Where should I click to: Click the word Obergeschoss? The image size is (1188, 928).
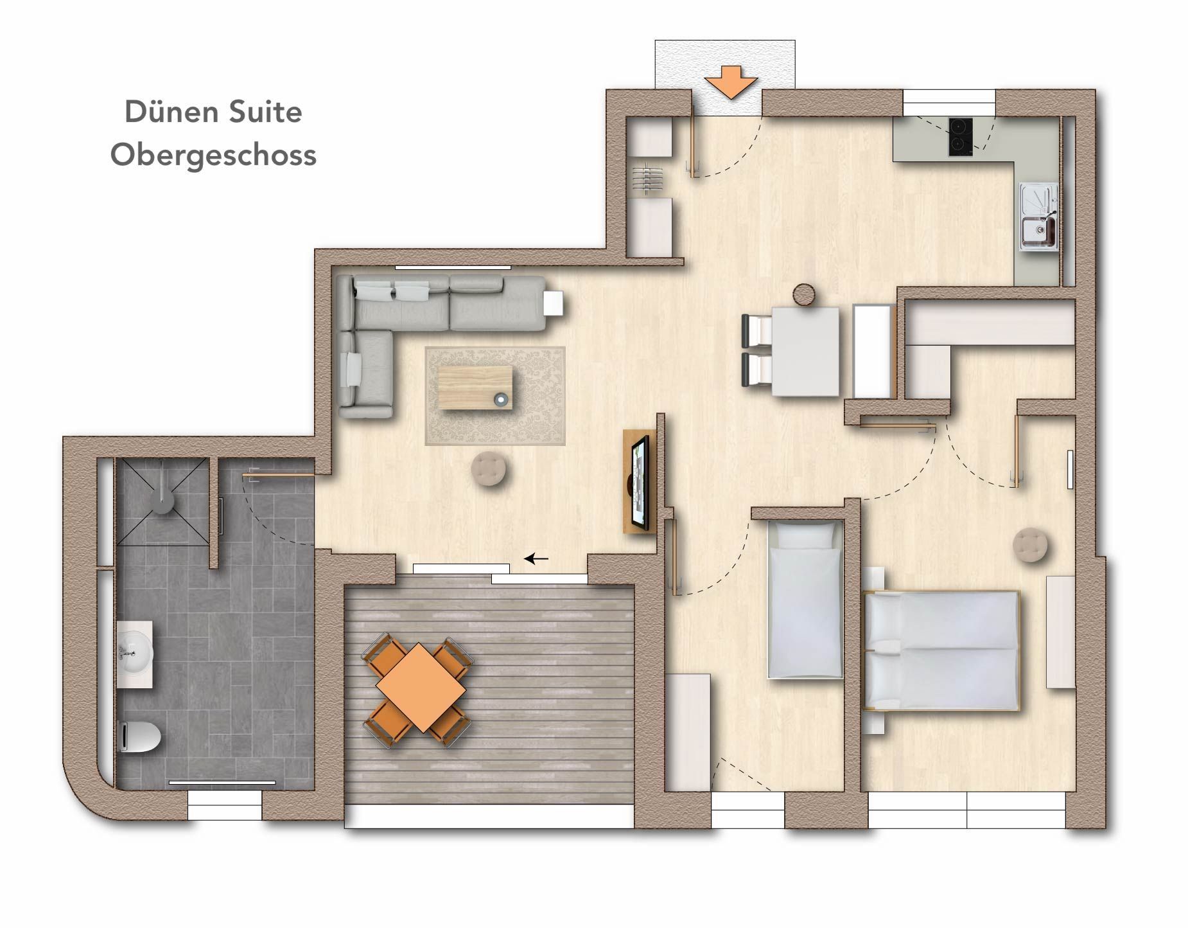[213, 156]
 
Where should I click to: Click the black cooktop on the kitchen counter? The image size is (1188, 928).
[959, 137]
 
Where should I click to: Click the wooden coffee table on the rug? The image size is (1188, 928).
[476, 387]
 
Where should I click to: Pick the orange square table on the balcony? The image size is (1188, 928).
[421, 686]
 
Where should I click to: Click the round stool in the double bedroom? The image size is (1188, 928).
[1030, 545]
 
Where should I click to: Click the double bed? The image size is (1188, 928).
[942, 650]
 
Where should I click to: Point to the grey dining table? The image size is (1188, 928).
[805, 352]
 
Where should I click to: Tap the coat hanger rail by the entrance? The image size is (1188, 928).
[647, 178]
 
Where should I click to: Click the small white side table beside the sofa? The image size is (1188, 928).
[554, 303]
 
